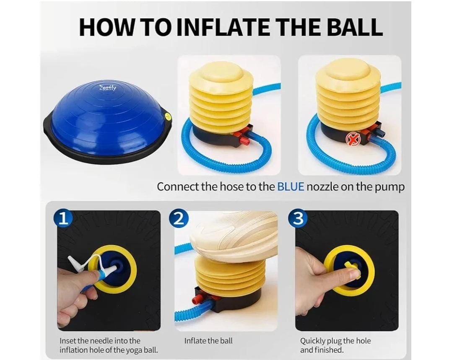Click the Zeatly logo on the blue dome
[x=107, y=88]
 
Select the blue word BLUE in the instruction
[x=291, y=187]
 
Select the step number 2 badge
[x=179, y=219]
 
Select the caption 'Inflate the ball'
[x=208, y=341]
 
